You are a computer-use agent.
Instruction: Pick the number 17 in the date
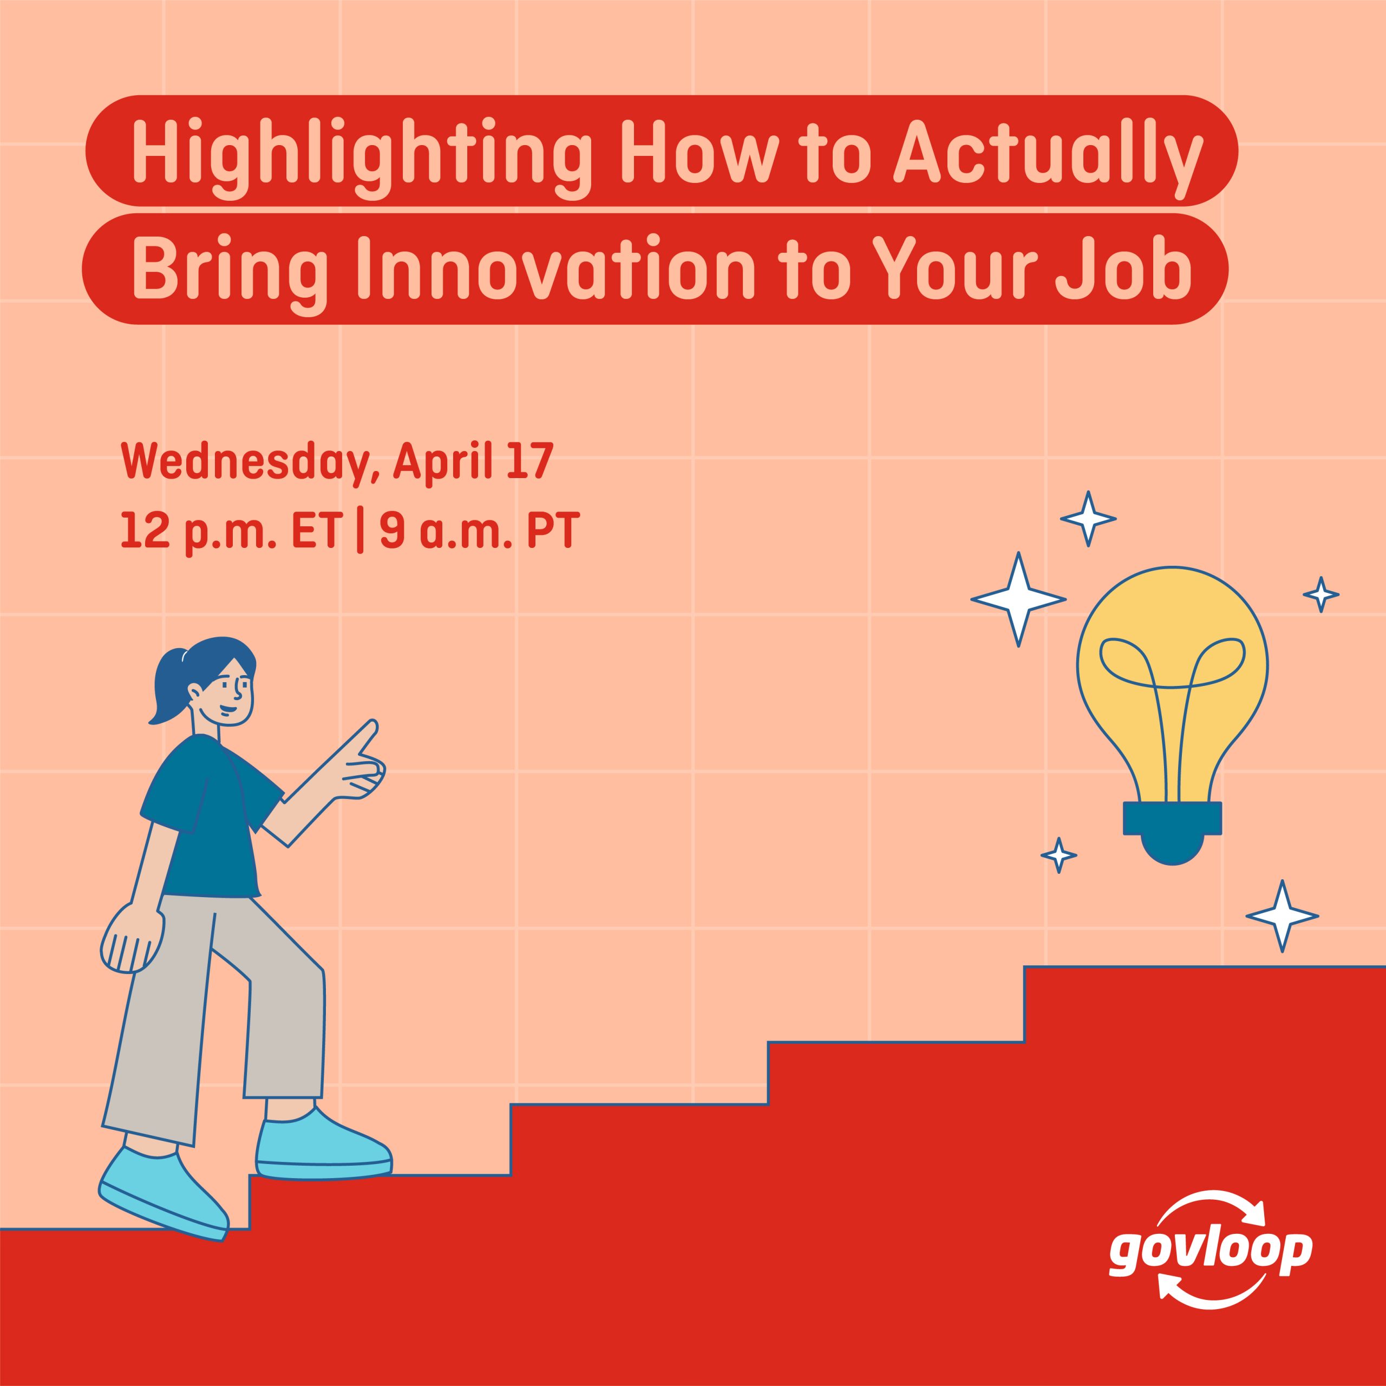click(529, 461)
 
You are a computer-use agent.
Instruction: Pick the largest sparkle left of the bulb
click(1018, 599)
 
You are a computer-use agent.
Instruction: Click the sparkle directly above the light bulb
click(1088, 518)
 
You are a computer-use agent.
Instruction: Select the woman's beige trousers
click(215, 1004)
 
